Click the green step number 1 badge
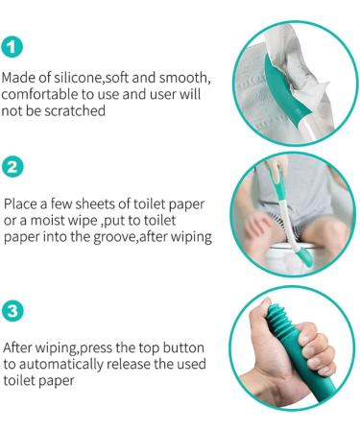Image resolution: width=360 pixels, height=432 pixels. pyautogui.click(x=12, y=45)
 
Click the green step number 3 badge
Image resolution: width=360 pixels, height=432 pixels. pyautogui.click(x=12, y=312)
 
